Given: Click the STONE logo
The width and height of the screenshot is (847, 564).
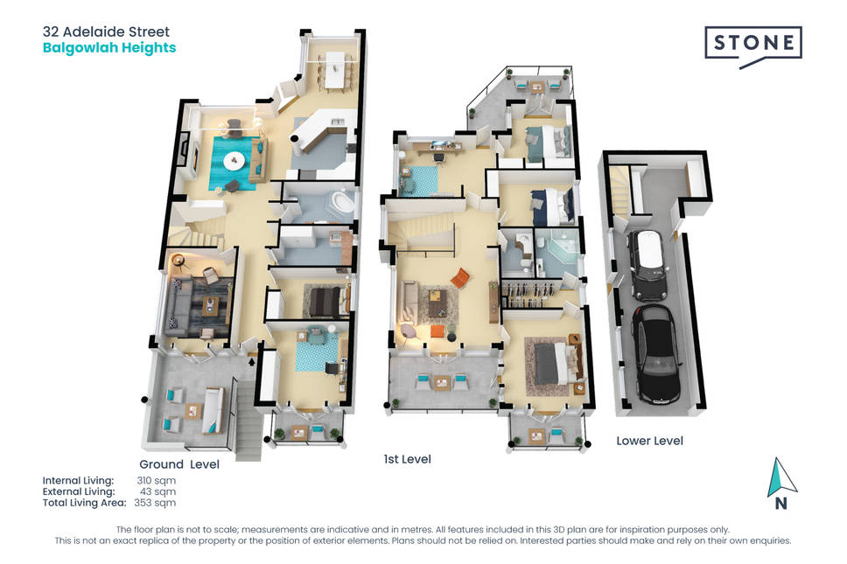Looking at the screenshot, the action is (x=753, y=46).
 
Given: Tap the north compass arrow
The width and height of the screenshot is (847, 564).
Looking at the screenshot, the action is (x=780, y=477).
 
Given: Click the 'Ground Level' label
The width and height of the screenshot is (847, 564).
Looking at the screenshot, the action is (x=179, y=464).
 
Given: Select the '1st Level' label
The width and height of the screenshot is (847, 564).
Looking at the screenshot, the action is (x=407, y=459).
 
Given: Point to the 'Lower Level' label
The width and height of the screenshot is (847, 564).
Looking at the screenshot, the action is (x=650, y=441).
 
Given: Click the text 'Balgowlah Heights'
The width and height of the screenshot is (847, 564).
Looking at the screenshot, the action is (x=109, y=47).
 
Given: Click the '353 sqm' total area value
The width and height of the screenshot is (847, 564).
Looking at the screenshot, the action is (x=155, y=503).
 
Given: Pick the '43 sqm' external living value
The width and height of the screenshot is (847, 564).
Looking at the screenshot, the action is (x=157, y=491).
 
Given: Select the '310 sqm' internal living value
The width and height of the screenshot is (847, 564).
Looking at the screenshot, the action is (x=156, y=480).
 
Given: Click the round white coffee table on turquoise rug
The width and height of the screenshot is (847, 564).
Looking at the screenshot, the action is (x=234, y=160).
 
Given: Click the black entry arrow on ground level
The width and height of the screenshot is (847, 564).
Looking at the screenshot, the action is (x=252, y=362).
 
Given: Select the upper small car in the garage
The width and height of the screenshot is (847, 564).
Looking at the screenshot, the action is (x=647, y=264).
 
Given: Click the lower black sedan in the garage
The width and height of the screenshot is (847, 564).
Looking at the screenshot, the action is (x=656, y=353).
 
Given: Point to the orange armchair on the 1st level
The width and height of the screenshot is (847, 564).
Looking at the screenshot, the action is (x=460, y=278).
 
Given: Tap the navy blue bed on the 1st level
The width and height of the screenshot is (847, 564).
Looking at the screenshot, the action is (x=552, y=206).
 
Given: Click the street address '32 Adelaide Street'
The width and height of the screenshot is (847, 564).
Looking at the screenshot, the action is (x=106, y=31).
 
